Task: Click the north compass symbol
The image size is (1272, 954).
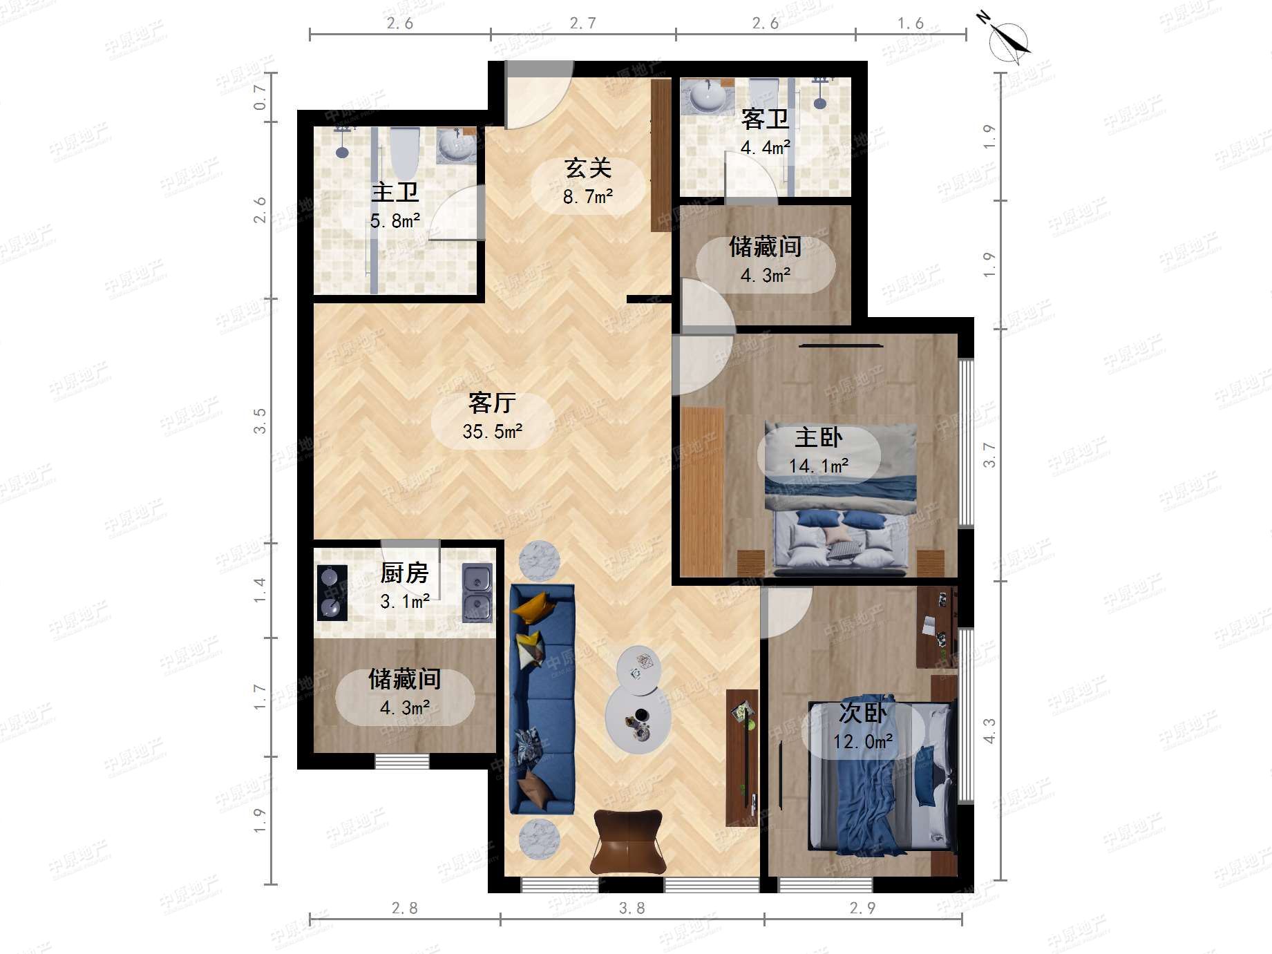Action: (x=1008, y=40)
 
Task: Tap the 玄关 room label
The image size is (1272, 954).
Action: (x=588, y=168)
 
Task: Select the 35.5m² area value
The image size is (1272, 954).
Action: (x=493, y=432)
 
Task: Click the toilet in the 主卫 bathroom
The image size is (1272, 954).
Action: (x=404, y=151)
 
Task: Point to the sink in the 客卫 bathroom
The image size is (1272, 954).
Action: (x=708, y=97)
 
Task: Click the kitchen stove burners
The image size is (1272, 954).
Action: (x=332, y=593)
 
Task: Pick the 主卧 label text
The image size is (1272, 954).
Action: (x=819, y=437)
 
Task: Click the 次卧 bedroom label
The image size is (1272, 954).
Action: (x=862, y=713)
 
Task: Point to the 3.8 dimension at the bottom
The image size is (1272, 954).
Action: (x=632, y=908)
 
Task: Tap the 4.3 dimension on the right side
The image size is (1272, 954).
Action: (x=989, y=730)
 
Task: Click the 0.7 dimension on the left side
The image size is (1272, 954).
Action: (x=260, y=97)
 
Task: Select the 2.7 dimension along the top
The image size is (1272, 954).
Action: (x=582, y=23)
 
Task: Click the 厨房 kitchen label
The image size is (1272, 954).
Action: (x=404, y=573)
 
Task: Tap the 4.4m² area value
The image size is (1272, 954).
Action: (x=766, y=148)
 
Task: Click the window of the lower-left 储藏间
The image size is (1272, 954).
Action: (x=402, y=761)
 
